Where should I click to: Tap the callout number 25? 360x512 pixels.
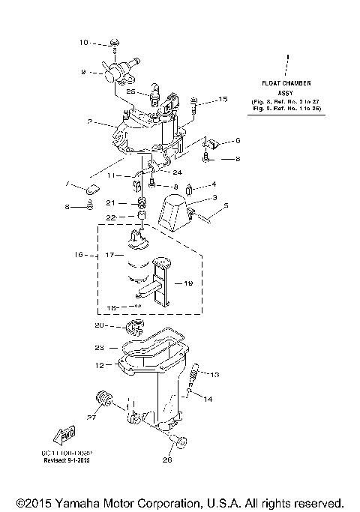131,91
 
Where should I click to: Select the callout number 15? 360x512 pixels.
222,99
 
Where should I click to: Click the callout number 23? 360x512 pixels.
100,347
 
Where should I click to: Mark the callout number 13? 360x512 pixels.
215,374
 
